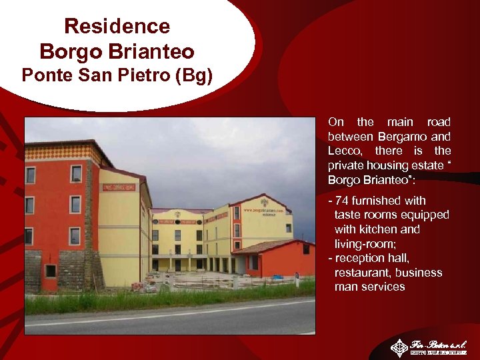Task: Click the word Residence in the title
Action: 117,27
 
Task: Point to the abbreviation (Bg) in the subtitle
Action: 193,75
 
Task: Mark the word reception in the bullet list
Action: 359,258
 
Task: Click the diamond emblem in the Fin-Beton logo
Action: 399,347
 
